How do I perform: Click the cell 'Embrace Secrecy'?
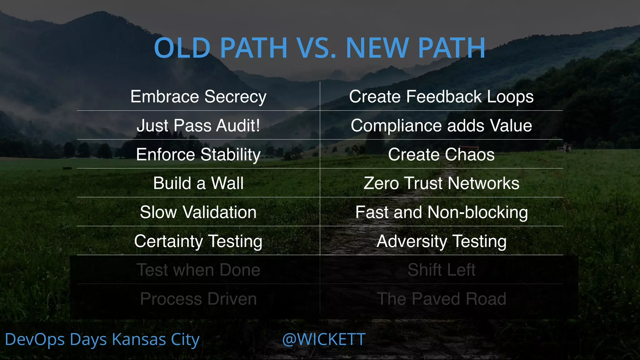point(198,97)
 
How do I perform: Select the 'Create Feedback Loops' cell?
point(441,97)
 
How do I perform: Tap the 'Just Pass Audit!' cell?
point(198,126)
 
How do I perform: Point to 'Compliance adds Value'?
point(441,126)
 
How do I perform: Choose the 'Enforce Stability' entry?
point(198,155)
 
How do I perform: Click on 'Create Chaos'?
point(441,154)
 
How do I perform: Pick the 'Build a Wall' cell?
point(198,183)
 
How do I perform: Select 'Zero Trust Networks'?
point(441,183)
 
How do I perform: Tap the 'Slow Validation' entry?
point(198,212)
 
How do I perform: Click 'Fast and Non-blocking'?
point(441,212)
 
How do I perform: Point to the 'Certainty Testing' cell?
point(198,241)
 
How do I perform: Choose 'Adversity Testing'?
point(441,241)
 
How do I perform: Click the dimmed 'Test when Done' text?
point(198,270)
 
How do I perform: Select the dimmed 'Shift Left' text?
point(441,270)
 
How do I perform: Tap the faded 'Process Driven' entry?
point(198,299)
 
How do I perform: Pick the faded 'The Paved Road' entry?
point(441,299)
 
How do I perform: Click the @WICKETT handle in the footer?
point(324,339)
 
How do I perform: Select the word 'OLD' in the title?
point(182,48)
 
